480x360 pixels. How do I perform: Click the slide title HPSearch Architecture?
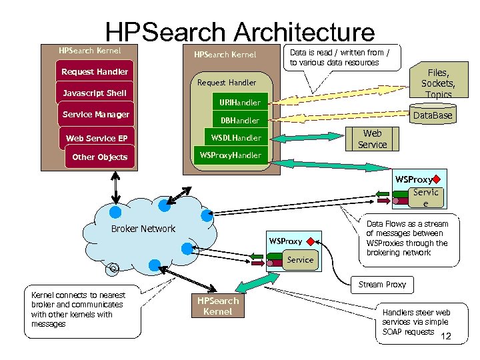[240, 33]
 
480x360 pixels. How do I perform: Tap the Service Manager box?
[96, 115]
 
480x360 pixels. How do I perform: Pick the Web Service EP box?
[97, 139]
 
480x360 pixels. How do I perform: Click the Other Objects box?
[99, 157]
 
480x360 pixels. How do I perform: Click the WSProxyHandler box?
[231, 156]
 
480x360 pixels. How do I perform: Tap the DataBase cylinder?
[432, 115]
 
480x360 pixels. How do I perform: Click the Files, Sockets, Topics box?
[438, 83]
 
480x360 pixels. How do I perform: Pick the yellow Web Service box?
[372, 139]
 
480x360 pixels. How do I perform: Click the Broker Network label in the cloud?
[143, 229]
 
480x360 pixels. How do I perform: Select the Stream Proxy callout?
[382, 285]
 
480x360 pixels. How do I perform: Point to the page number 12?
[446, 337]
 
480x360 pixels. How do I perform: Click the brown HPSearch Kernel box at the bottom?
[217, 307]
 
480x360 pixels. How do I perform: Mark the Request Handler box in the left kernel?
[95, 71]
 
